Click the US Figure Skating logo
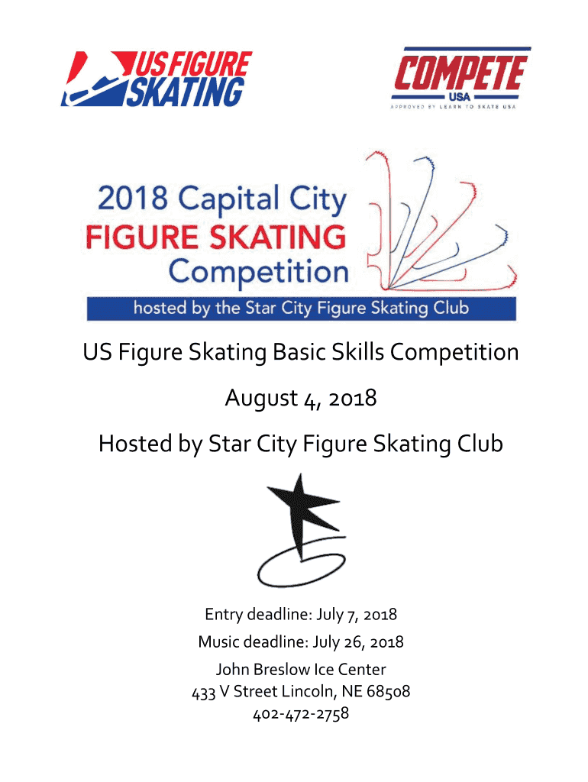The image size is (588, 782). click(x=156, y=79)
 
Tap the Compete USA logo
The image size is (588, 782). click(x=460, y=78)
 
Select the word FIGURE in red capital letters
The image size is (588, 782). click(x=142, y=238)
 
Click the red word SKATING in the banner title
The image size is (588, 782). click(x=278, y=238)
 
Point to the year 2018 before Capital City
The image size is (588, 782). click(x=133, y=198)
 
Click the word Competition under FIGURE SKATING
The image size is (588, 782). click(x=258, y=273)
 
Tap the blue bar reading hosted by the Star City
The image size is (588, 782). click(x=301, y=309)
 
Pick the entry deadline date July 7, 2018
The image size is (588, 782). click(x=357, y=615)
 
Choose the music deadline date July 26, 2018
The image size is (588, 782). click(x=358, y=641)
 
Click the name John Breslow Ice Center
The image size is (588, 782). click(x=301, y=669)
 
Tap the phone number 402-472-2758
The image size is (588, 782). click(x=301, y=714)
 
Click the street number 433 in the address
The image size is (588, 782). click(x=203, y=693)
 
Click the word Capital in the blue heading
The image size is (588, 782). click(x=229, y=199)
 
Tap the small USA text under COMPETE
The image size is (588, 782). click(x=460, y=97)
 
